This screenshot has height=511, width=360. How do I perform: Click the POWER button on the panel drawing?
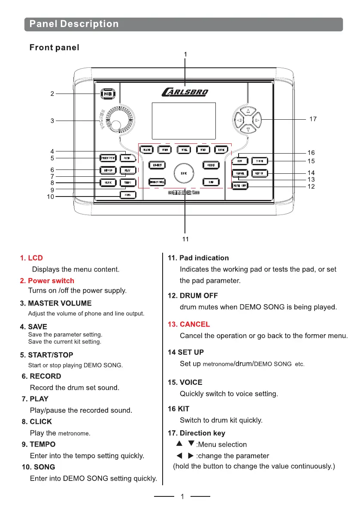pos(106,94)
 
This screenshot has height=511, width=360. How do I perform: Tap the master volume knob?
pos(116,124)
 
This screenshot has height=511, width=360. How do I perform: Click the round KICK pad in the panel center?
pos(184,173)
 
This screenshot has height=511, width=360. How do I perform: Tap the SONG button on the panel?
pos(127,195)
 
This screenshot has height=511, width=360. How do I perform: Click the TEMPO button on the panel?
pos(127,182)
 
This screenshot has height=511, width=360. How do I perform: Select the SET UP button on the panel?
pos(259,173)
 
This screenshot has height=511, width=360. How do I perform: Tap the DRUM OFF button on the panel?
pos(240,186)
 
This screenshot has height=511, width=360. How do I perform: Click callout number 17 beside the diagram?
pos(313,119)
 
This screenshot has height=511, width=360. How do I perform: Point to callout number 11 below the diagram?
pos(185,239)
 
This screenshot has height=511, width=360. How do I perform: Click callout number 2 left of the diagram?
pos(52,94)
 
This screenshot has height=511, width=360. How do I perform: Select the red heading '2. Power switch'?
pos(47,281)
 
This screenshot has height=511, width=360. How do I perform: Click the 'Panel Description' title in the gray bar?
pos(74,24)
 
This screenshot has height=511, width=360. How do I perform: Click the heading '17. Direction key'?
pos(196,433)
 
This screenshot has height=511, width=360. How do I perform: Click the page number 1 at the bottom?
pos(182,497)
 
